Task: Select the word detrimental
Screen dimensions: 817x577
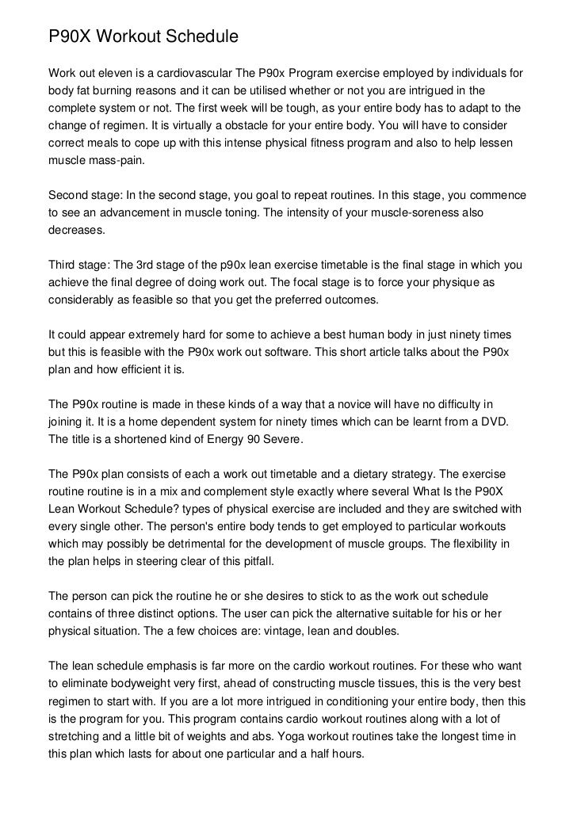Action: pos(200,544)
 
